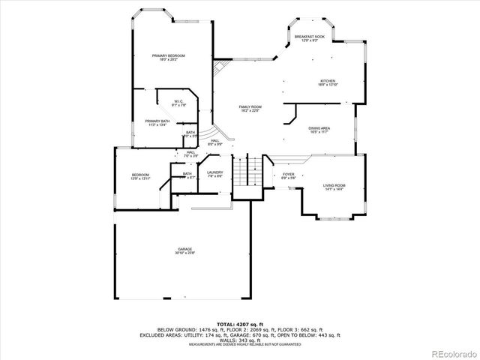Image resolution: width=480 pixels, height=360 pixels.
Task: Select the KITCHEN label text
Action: [x=328, y=82]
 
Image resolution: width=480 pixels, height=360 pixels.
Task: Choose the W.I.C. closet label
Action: [x=179, y=103]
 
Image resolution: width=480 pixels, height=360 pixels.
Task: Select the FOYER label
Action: [x=288, y=175]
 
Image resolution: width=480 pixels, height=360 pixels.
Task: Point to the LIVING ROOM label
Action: [x=334, y=187]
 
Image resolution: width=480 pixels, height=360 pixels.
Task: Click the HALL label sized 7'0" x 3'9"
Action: [x=191, y=154]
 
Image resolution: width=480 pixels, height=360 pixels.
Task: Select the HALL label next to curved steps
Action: [x=214, y=142]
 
